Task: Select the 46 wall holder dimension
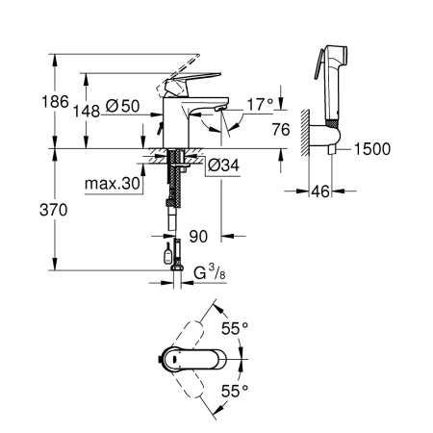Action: [321, 192]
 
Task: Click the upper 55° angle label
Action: [235, 328]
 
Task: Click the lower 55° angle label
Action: [235, 391]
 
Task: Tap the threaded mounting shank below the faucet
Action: [174, 183]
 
